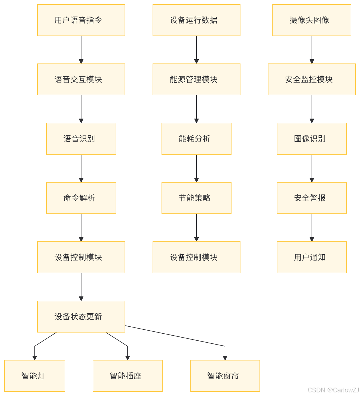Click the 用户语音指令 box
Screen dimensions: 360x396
point(81,20)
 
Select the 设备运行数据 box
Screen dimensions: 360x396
point(197,20)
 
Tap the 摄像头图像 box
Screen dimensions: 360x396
point(312,20)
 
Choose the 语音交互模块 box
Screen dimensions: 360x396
point(81,79)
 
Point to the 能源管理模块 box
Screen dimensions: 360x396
point(197,79)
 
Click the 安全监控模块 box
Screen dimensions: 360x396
point(312,79)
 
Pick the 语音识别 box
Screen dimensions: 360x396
point(81,139)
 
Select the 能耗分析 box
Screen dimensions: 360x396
point(197,139)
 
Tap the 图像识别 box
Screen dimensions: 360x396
point(312,139)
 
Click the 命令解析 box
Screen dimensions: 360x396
point(81,198)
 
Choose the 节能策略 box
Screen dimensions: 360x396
point(197,198)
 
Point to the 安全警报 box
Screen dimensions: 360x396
point(312,198)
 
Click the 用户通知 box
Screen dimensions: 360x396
point(312,257)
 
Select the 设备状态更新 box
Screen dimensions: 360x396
point(81,317)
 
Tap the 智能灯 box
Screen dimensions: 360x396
point(35,376)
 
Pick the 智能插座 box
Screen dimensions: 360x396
point(128,376)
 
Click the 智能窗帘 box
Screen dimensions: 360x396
point(225,376)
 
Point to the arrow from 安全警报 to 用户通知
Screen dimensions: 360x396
point(312,228)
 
